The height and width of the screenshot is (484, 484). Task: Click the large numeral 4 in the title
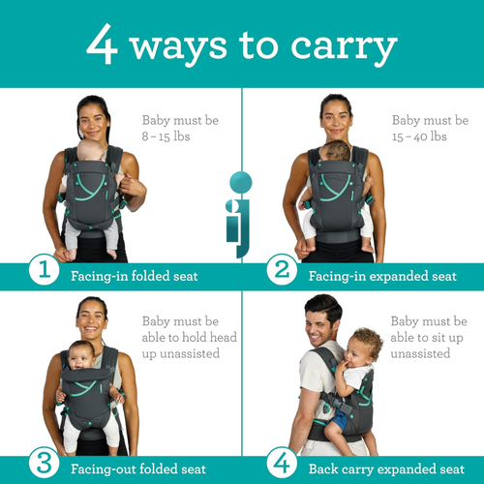pos(102,44)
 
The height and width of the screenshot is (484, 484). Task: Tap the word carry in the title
pos(344,47)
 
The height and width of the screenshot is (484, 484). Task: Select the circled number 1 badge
pos(44,269)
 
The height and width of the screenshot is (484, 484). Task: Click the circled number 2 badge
pos(282,269)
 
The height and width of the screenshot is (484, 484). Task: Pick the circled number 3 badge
pos(44,463)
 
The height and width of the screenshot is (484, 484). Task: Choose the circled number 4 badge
pos(282,463)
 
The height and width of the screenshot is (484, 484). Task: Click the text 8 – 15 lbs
pos(166,136)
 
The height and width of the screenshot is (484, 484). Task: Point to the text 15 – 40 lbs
pos(419,136)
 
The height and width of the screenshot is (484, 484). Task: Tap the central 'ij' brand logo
pos(239,213)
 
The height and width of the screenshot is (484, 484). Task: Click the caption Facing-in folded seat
pos(135,276)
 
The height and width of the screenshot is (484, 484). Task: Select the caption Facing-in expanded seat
pos(382,276)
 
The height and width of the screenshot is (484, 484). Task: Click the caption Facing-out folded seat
pos(138,469)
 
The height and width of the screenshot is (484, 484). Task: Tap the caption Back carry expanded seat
pos(386,469)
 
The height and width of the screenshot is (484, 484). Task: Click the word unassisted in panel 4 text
pos(420,353)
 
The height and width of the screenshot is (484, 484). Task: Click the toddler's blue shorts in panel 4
pos(339,420)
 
